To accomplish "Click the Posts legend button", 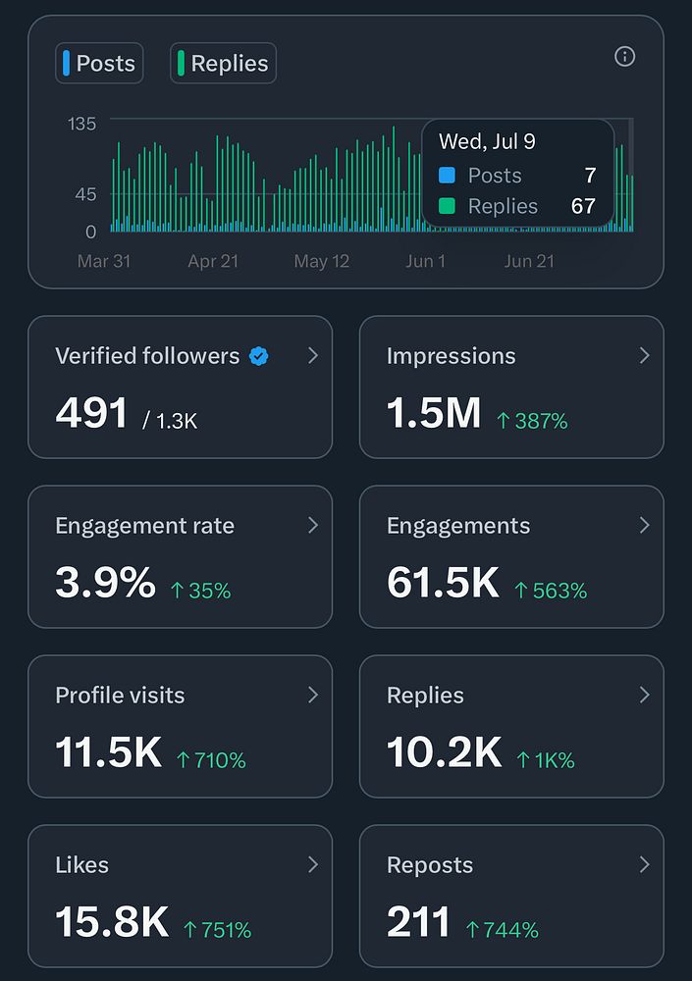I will pos(99,64).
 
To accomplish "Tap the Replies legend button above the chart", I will pos(223,64).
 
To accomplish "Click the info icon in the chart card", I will pos(624,57).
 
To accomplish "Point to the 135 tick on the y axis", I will pos(82,124).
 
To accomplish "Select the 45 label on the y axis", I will pos(85,194).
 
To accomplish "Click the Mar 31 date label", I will pos(104,262).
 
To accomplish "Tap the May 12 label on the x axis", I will pos(322,262).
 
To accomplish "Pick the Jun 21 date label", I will pos(529,262).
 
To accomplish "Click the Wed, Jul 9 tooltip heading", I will pos(487,142).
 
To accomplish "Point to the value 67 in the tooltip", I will pos(583,207).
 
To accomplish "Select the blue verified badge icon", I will pos(258,356).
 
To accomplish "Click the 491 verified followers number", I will pos(92,414).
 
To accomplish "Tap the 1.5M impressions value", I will pos(434,414).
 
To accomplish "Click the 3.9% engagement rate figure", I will pos(105,584).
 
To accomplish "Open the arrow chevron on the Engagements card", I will pos(644,526).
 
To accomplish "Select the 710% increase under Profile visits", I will pos(211,760).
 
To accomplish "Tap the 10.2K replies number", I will pos(444,753).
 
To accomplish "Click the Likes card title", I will pos(81,865).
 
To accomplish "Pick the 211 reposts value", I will pos(418,923).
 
